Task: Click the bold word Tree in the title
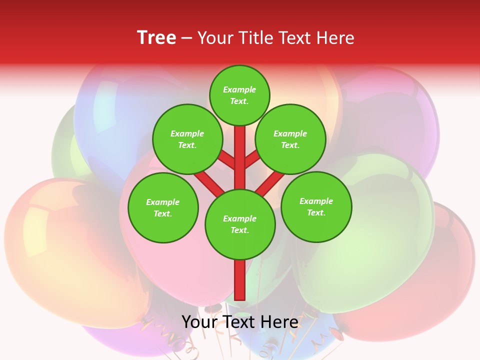(156, 38)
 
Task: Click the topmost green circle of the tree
(239, 95)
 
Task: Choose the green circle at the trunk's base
(240, 224)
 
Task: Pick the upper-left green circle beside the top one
(187, 139)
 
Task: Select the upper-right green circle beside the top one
(290, 139)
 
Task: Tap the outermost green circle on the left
(163, 207)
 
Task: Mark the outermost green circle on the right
(316, 206)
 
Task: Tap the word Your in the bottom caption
(200, 321)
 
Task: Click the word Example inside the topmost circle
(239, 89)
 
